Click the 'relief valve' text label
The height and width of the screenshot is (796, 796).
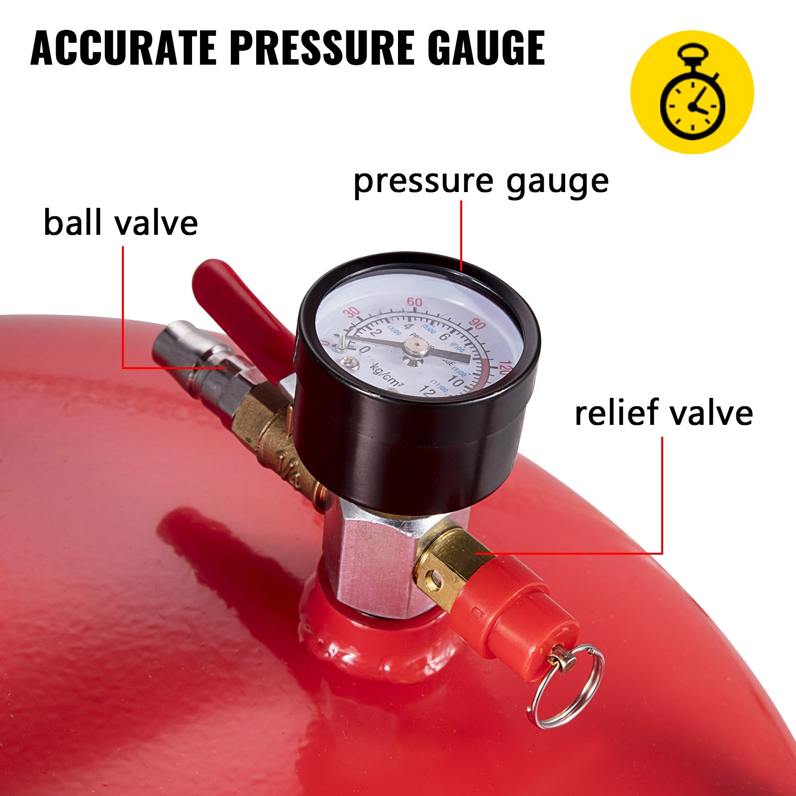coord(664,413)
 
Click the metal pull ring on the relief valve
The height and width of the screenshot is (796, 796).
coord(567,687)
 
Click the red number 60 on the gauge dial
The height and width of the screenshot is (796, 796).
coord(414,302)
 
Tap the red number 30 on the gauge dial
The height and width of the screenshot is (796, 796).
coord(352,312)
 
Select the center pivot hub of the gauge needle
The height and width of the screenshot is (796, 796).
coord(417,349)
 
